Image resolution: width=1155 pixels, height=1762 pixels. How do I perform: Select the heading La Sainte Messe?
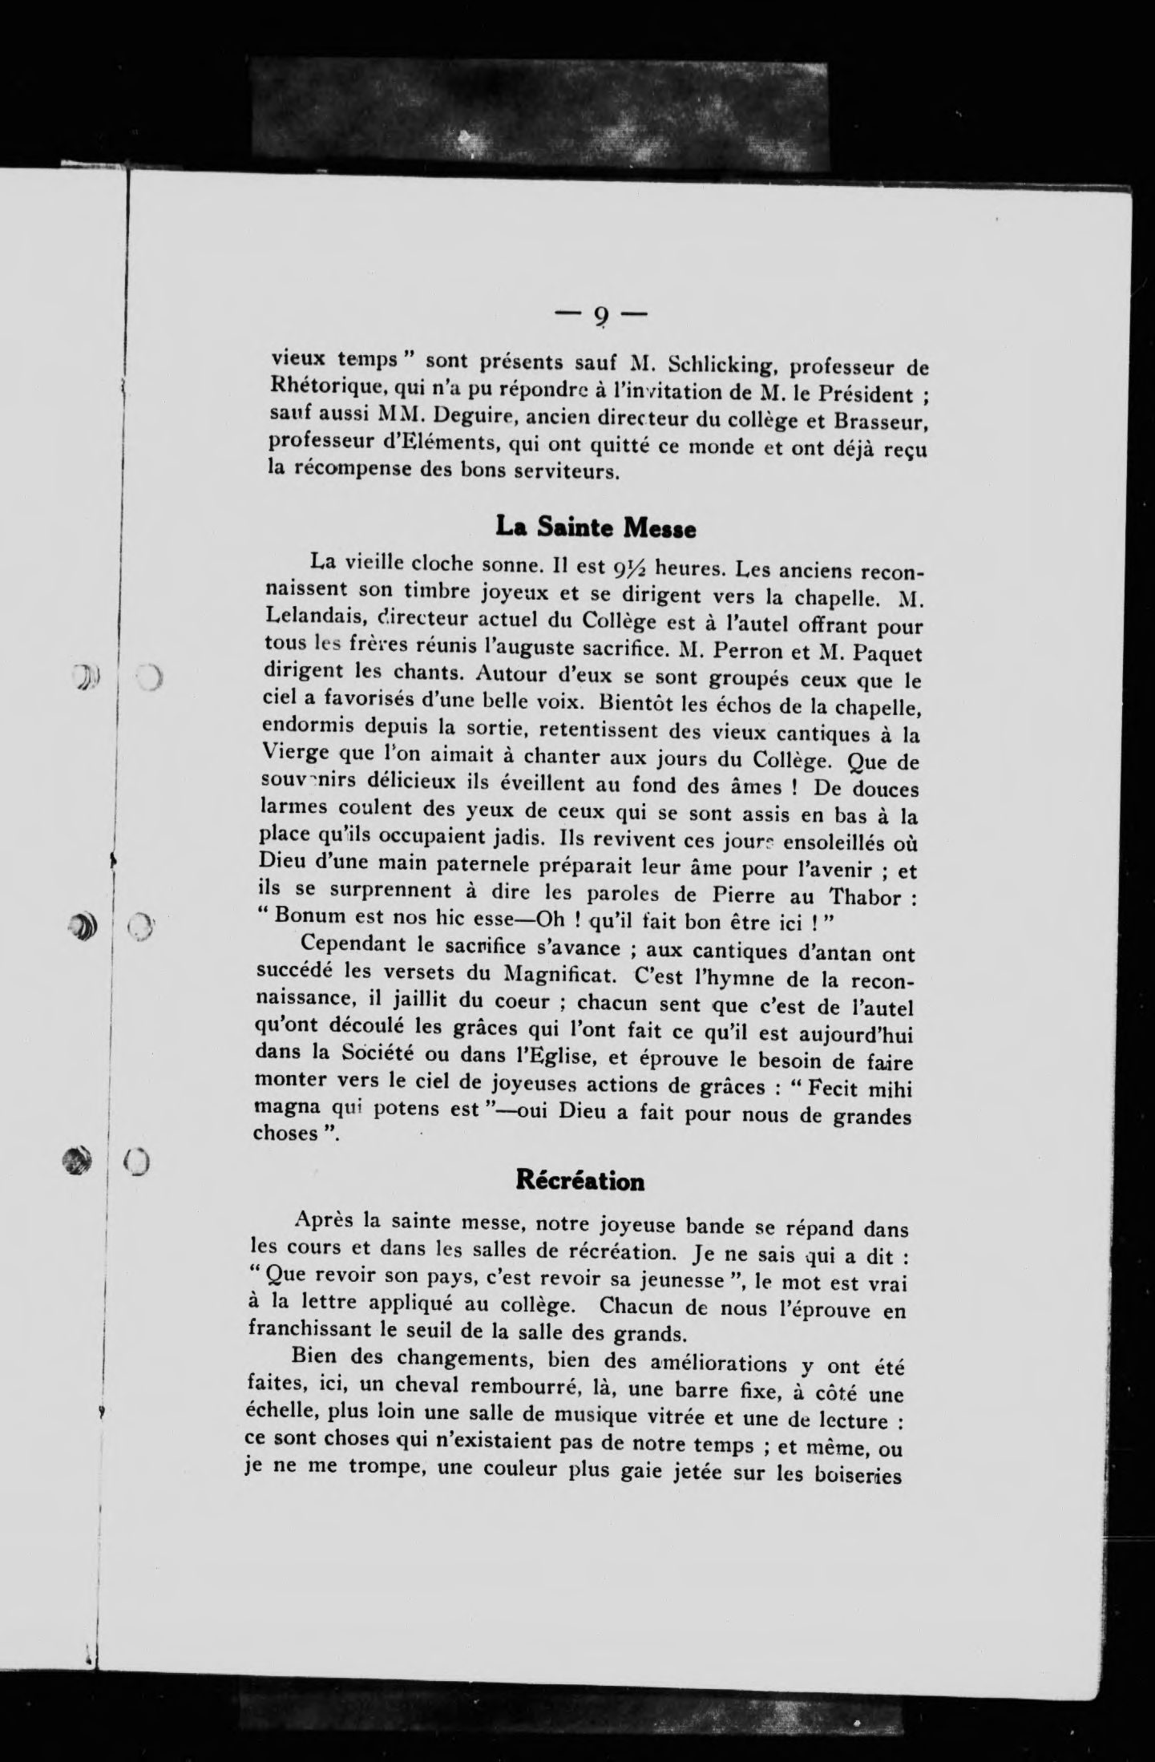pos(595,527)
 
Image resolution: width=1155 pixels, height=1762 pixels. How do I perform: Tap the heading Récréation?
pos(580,1181)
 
